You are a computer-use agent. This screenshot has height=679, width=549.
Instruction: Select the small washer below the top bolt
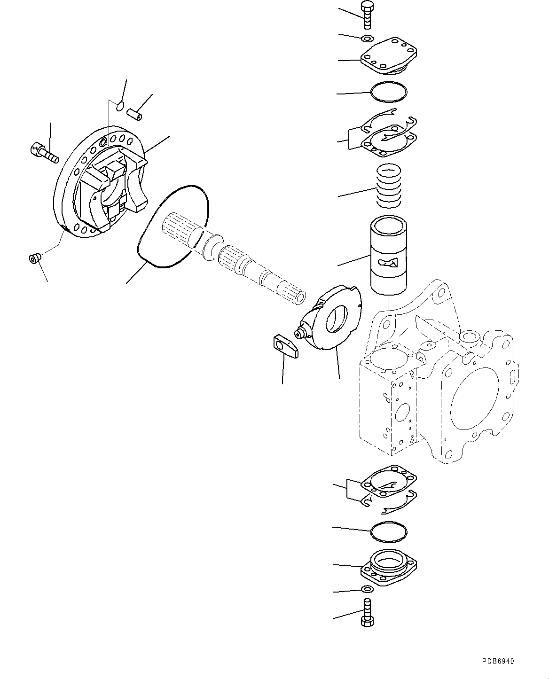pos(368,38)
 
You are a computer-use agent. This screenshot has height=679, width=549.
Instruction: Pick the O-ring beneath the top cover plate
pos(389,92)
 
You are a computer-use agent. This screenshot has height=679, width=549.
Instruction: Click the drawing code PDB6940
pos(497,661)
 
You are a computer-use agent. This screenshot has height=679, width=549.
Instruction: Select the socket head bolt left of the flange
pos(43,152)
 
